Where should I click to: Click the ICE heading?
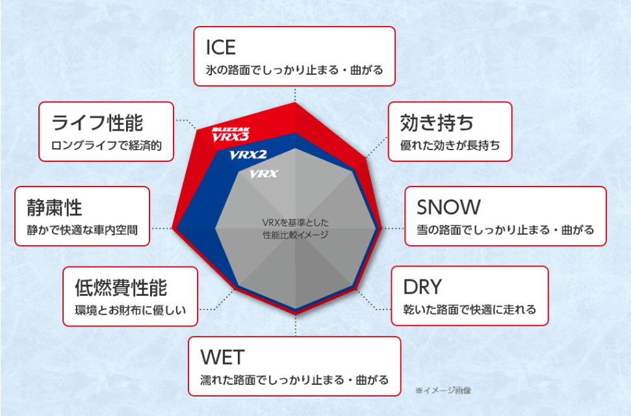[220, 47]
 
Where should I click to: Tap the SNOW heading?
[448, 207]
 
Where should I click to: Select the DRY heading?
[422, 287]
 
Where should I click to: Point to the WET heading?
[222, 357]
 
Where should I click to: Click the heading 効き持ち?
[437, 123]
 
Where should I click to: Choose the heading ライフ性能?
[97, 123]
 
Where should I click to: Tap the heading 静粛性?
[55, 208]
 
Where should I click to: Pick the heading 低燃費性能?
[121, 287]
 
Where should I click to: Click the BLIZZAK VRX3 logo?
[231, 135]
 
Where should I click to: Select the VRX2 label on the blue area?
[248, 155]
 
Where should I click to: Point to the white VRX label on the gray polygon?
[264, 174]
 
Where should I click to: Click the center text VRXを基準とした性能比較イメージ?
[296, 228]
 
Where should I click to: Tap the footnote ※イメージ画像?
[443, 390]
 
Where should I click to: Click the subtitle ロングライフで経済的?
[106, 146]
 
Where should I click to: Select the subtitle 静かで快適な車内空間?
[82, 230]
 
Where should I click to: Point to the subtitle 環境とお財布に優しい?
[131, 310]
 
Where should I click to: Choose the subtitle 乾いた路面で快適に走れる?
[470, 309]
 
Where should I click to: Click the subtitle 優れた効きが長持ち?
[450, 146]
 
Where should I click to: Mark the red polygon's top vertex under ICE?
[295, 102]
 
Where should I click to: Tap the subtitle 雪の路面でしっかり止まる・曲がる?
[505, 230]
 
